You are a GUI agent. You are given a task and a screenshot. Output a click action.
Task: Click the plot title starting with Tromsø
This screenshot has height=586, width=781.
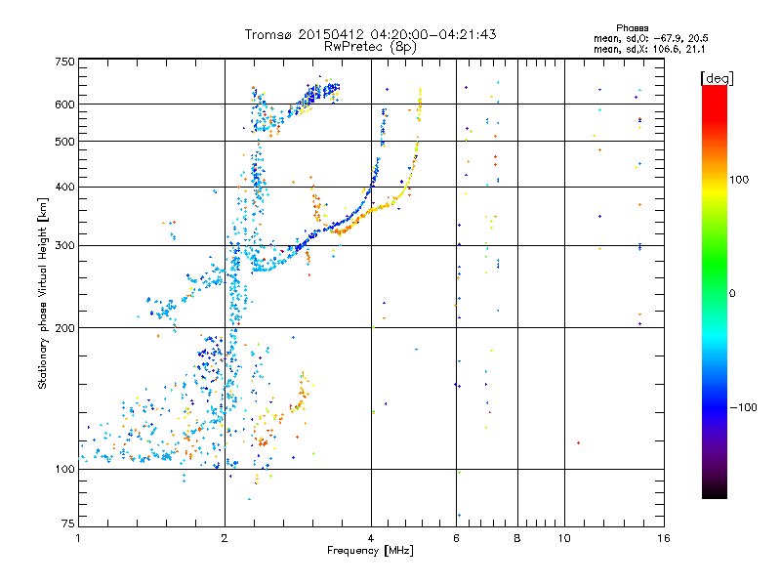(x=370, y=34)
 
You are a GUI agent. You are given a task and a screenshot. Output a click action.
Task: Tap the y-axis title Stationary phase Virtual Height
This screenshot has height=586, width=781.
(x=43, y=292)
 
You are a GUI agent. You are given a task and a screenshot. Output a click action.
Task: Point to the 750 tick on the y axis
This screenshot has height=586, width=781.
(x=63, y=63)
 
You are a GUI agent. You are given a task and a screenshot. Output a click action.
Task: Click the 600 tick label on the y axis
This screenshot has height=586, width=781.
(x=63, y=105)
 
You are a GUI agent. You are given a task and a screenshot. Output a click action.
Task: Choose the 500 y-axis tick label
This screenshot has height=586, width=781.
(x=63, y=142)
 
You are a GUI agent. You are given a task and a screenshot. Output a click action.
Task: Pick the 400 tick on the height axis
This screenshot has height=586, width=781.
(x=63, y=187)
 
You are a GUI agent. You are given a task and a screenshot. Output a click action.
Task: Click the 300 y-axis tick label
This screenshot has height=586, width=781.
(x=63, y=245)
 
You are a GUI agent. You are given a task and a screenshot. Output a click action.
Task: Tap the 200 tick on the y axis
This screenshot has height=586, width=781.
(x=63, y=328)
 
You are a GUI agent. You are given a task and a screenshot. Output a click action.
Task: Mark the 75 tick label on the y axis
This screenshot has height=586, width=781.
(x=66, y=523)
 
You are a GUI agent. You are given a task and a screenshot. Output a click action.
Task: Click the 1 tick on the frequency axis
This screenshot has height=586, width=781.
(x=78, y=538)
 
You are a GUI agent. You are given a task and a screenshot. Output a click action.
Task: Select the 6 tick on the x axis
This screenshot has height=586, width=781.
(x=456, y=538)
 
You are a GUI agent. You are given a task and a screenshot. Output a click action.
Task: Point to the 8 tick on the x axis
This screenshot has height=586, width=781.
(x=517, y=538)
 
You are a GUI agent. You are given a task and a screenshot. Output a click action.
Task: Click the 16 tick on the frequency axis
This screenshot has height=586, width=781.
(x=663, y=538)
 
